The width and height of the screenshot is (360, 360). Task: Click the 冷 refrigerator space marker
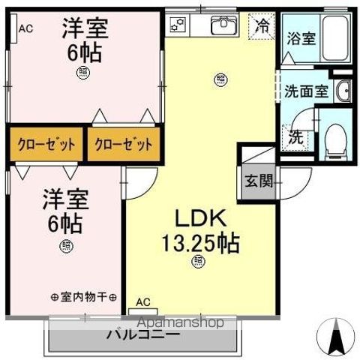(263, 25)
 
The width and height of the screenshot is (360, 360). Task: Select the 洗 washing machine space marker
(296, 138)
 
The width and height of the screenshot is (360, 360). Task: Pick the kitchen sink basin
(223, 27)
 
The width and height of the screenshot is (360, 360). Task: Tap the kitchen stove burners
(178, 25)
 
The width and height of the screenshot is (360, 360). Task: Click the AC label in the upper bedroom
(25, 29)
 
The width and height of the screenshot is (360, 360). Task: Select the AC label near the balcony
(142, 301)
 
